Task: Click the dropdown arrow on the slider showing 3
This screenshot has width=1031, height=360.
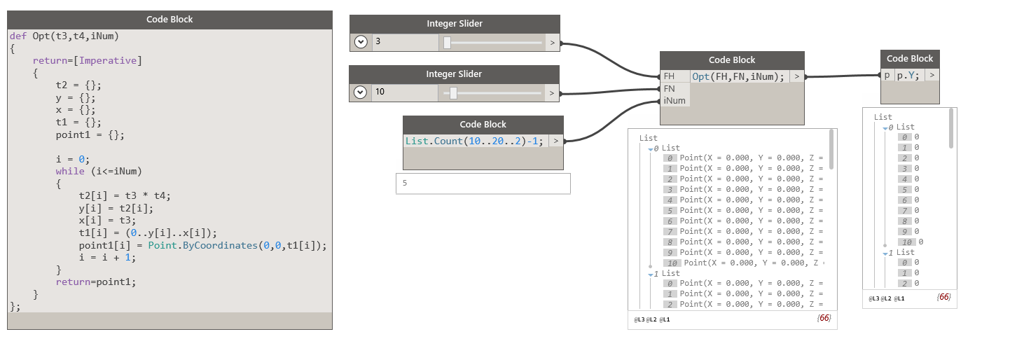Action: (x=361, y=42)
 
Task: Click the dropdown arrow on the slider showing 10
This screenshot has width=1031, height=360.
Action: (x=361, y=92)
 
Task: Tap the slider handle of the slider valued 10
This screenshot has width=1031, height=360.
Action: (x=454, y=92)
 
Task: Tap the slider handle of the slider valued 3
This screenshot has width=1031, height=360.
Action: (x=447, y=42)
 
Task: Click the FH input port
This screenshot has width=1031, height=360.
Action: (x=670, y=76)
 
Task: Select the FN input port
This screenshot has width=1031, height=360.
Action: (x=670, y=89)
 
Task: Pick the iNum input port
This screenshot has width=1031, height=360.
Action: (x=674, y=101)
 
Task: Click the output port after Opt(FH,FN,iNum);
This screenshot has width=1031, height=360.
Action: (x=797, y=76)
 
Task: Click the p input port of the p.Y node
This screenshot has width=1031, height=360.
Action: (x=887, y=75)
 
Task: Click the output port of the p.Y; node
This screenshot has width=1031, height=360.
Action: (x=932, y=75)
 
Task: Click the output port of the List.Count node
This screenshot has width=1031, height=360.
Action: (x=555, y=141)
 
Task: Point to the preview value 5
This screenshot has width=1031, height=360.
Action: (x=405, y=184)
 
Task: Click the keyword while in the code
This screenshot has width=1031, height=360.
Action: (x=70, y=171)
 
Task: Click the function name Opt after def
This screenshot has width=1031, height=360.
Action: (x=41, y=36)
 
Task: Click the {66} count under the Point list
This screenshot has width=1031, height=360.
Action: (x=824, y=318)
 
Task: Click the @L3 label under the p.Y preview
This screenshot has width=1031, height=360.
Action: (x=873, y=298)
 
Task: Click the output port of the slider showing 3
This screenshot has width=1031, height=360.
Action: (x=552, y=42)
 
